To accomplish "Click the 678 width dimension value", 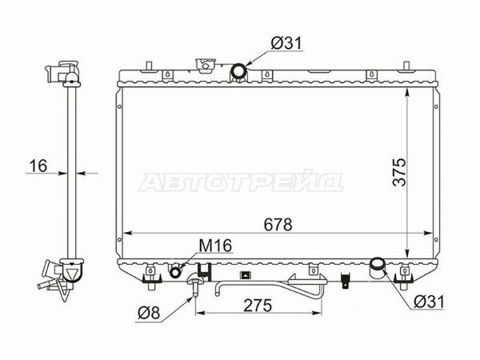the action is [278, 225].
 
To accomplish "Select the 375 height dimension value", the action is [399, 172].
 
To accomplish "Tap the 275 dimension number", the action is [258, 305].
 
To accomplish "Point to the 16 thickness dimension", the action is [38, 166].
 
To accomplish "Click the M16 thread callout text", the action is [215, 246].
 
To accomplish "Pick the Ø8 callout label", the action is [149, 313].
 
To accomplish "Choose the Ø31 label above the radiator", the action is [286, 43].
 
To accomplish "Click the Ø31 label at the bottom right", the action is [429, 302].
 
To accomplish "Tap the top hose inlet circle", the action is [238, 70].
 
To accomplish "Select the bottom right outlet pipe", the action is [378, 267].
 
